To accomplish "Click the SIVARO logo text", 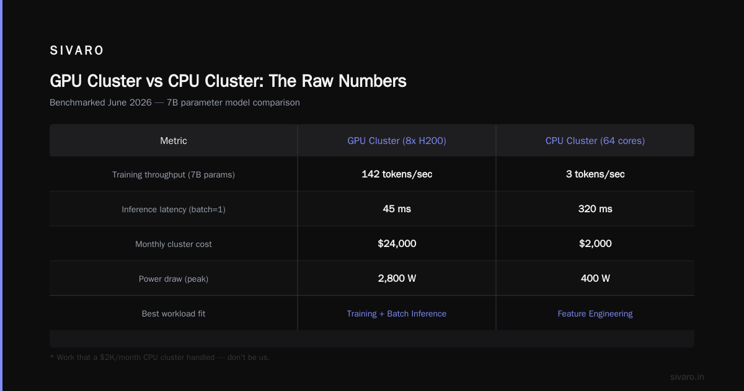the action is click(x=76, y=50).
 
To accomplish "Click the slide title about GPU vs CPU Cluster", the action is click(x=228, y=81).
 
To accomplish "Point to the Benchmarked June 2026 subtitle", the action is click(x=175, y=102).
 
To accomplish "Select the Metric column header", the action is click(x=174, y=141).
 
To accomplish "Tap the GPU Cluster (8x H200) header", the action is click(x=397, y=141).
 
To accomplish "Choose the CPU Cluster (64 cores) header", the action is click(x=595, y=141).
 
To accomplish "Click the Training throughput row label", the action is click(x=174, y=174).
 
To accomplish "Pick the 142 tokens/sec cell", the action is click(x=397, y=174).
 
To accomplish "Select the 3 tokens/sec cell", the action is click(x=595, y=174).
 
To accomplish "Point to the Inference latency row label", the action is click(x=174, y=210).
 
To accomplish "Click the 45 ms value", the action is click(x=397, y=209).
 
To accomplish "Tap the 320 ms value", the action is click(x=595, y=209).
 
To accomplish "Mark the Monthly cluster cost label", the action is click(x=174, y=244).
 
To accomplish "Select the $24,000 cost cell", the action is click(x=397, y=244).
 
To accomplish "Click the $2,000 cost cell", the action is click(x=595, y=244).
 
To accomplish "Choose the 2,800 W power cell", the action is click(x=397, y=278).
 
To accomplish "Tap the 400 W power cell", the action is click(x=595, y=278).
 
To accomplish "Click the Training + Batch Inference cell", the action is click(x=397, y=313).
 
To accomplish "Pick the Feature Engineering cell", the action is click(x=595, y=313).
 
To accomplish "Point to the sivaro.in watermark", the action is click(x=687, y=377).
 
